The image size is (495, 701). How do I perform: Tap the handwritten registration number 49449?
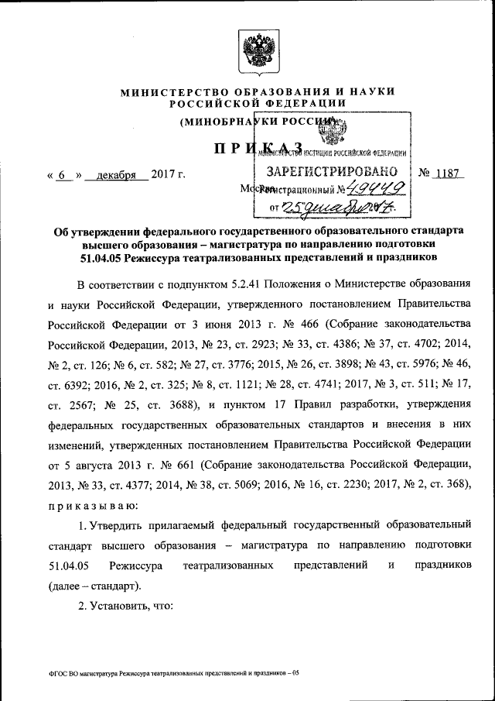pyautogui.click(x=369, y=188)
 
